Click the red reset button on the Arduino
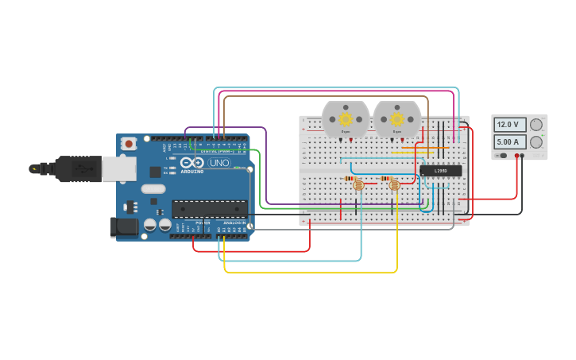pyautogui.click(x=128, y=144)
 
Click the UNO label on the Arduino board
pyautogui.click(x=219, y=163)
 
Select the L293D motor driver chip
pyautogui.click(x=440, y=170)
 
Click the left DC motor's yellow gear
pyautogui.click(x=346, y=119)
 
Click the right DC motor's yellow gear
pyautogui.click(x=396, y=119)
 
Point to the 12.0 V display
pyautogui.click(x=509, y=125)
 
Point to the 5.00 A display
pyautogui.click(x=509, y=142)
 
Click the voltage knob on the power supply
pyautogui.click(x=537, y=125)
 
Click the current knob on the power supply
pyautogui.click(x=537, y=142)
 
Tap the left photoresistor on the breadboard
pyautogui.click(x=358, y=185)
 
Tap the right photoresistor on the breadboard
pyautogui.click(x=394, y=185)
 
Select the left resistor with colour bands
pyautogui.click(x=350, y=178)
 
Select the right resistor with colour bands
pyautogui.click(x=387, y=178)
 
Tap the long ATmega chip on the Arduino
pyautogui.click(x=209, y=209)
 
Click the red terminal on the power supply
pyautogui.click(x=516, y=157)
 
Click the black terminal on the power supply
pyautogui.click(x=523, y=157)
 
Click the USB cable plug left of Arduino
pyautogui.click(x=79, y=168)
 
